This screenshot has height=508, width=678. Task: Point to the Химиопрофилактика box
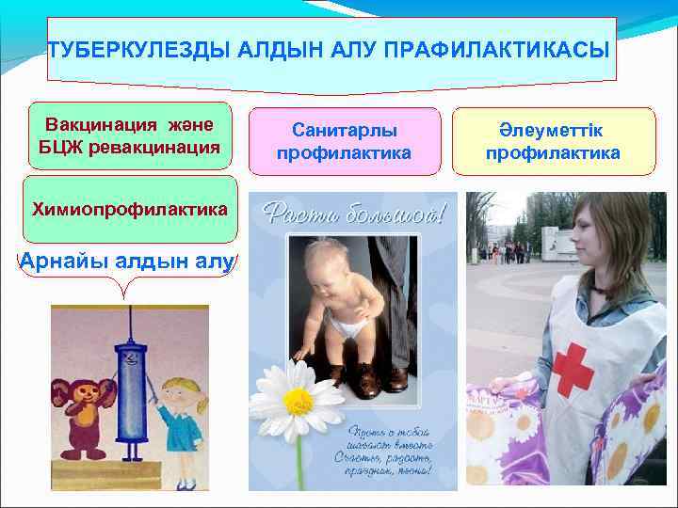[130, 208]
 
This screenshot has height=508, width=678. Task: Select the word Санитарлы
[344, 130]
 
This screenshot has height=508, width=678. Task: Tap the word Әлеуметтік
[553, 130]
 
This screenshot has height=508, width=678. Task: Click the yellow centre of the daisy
[299, 402]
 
